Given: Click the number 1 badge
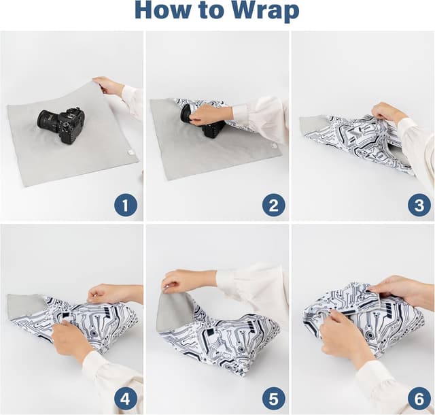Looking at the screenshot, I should click(x=126, y=204).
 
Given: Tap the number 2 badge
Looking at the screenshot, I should click(x=273, y=204).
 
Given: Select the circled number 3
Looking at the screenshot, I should click(x=419, y=204).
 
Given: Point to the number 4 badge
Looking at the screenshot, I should click(x=126, y=398).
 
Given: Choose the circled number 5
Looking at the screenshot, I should click(x=273, y=398).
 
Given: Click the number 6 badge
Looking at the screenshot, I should click(x=419, y=398).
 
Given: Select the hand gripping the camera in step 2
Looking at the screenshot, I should click(x=207, y=115).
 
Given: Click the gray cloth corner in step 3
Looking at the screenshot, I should click(x=313, y=125).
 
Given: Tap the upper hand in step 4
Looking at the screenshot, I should click(x=109, y=293).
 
